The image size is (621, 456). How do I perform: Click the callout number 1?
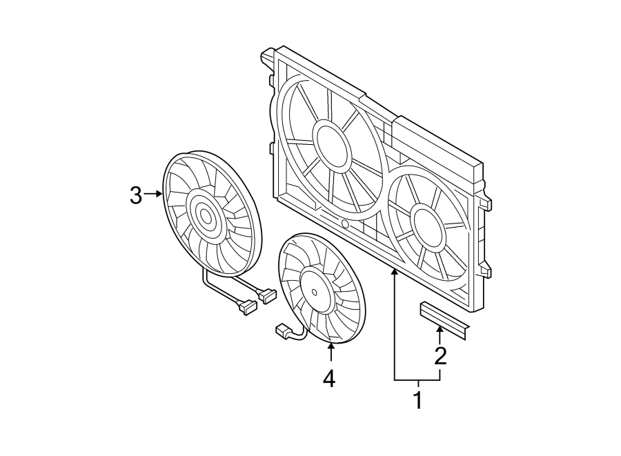(x=417, y=400)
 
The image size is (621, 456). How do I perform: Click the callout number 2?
(x=440, y=356)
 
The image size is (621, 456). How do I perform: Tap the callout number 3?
(x=135, y=195)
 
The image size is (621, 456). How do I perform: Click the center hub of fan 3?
(x=206, y=216)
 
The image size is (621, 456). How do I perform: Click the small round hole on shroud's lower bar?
(x=345, y=224)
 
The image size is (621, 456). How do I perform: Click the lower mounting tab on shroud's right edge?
(x=488, y=270)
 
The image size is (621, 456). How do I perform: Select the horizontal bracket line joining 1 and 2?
(x=417, y=381)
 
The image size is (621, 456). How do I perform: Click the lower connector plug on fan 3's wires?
(x=246, y=306)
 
